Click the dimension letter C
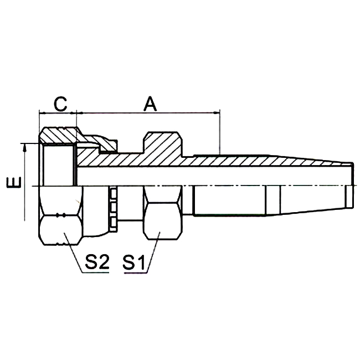coord(60,102)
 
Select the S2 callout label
coord(95,262)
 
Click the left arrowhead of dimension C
coord(42,112)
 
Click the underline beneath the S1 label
coord(136,272)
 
